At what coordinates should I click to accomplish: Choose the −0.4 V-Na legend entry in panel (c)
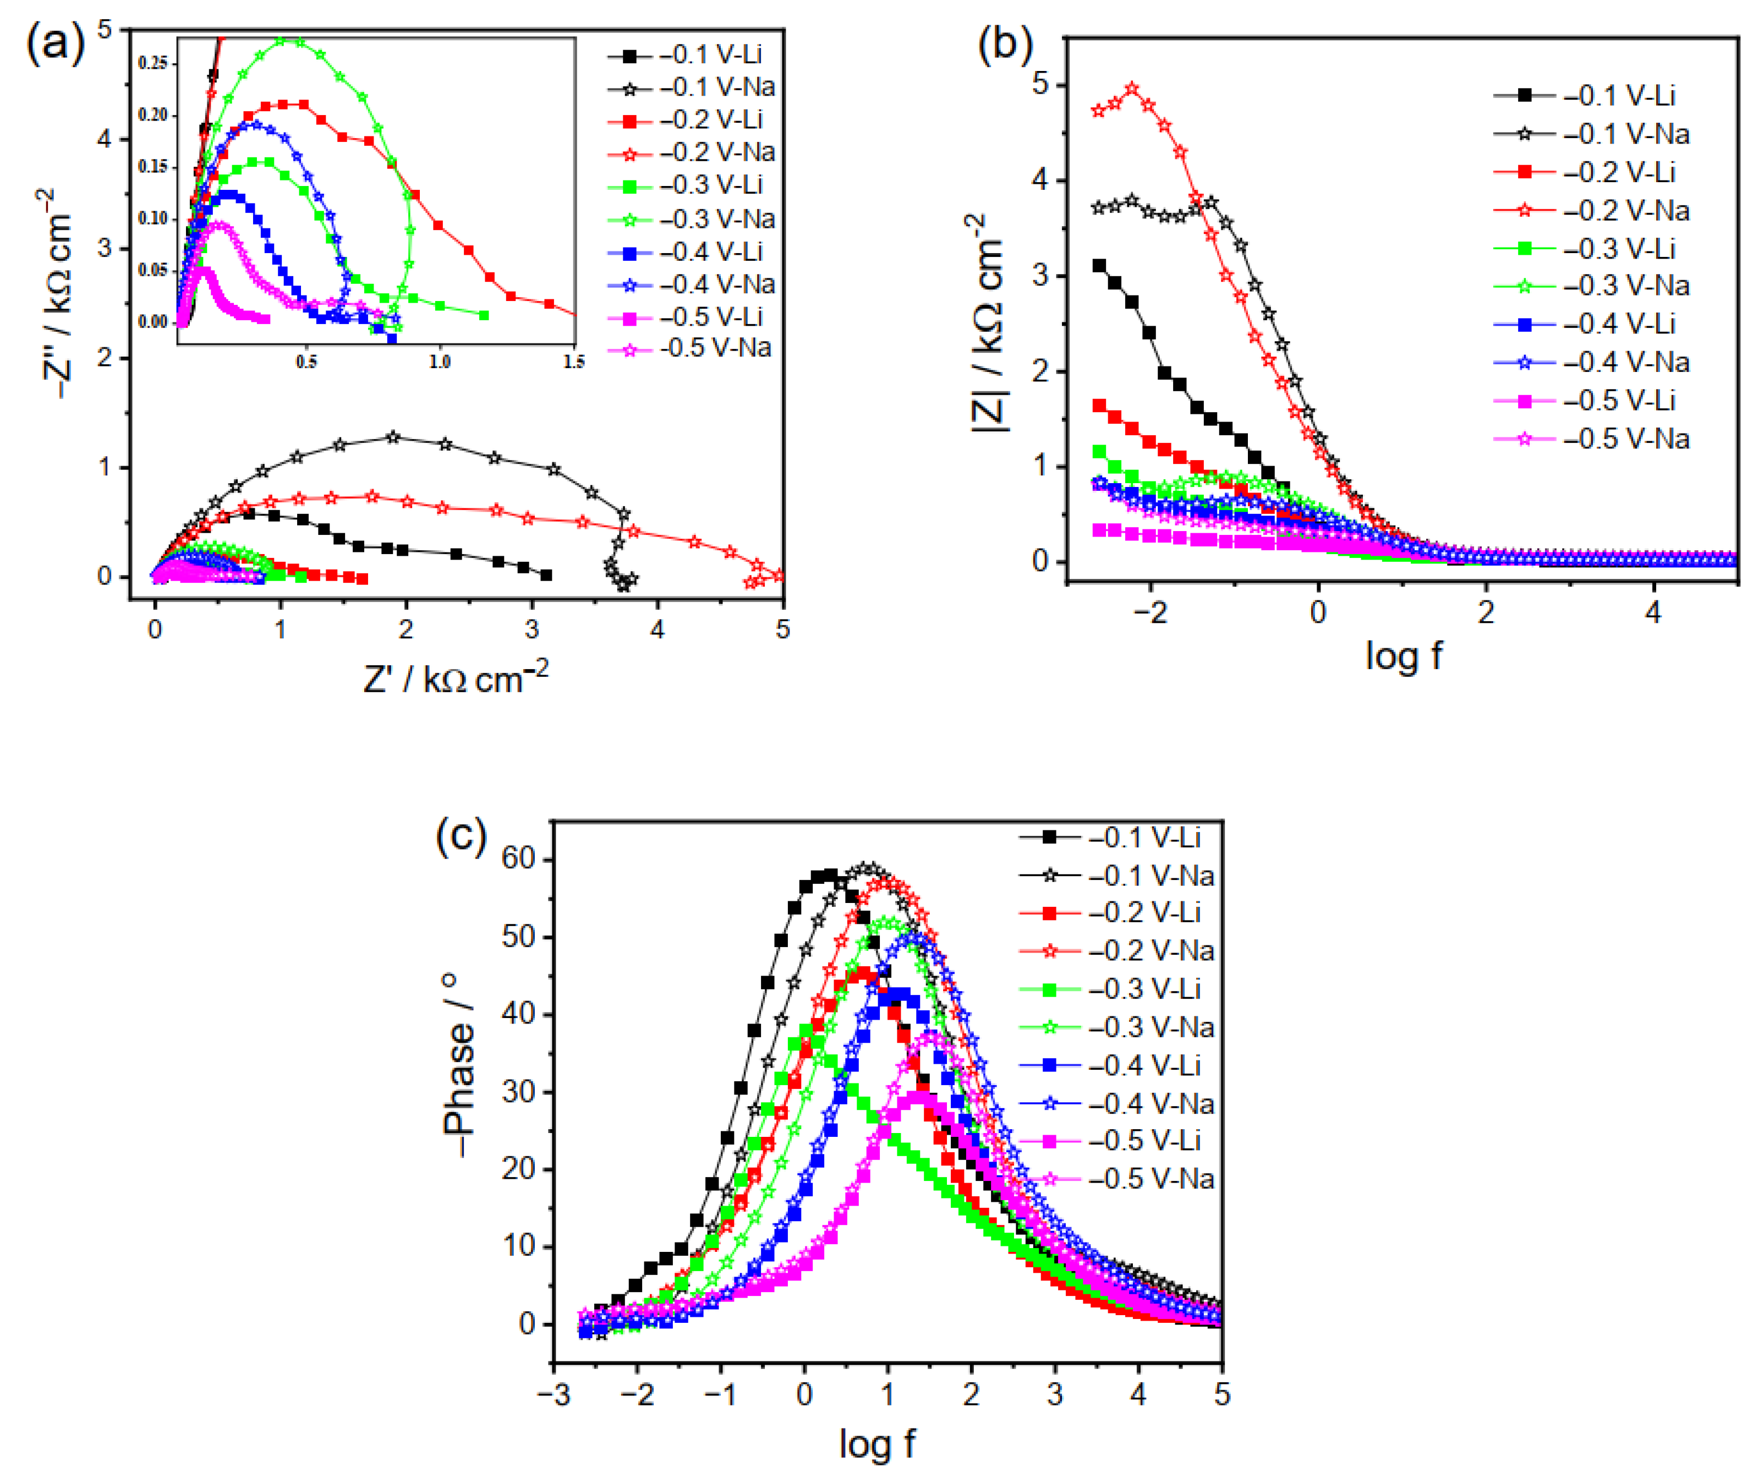click(x=1150, y=1104)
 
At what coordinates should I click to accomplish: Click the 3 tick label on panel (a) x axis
click(x=532, y=629)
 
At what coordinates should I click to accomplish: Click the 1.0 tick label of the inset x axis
click(x=440, y=362)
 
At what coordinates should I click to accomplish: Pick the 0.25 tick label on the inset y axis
click(x=153, y=63)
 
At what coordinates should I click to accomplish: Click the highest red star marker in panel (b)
click(x=1132, y=88)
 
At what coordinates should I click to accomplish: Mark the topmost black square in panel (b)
click(x=1099, y=266)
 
